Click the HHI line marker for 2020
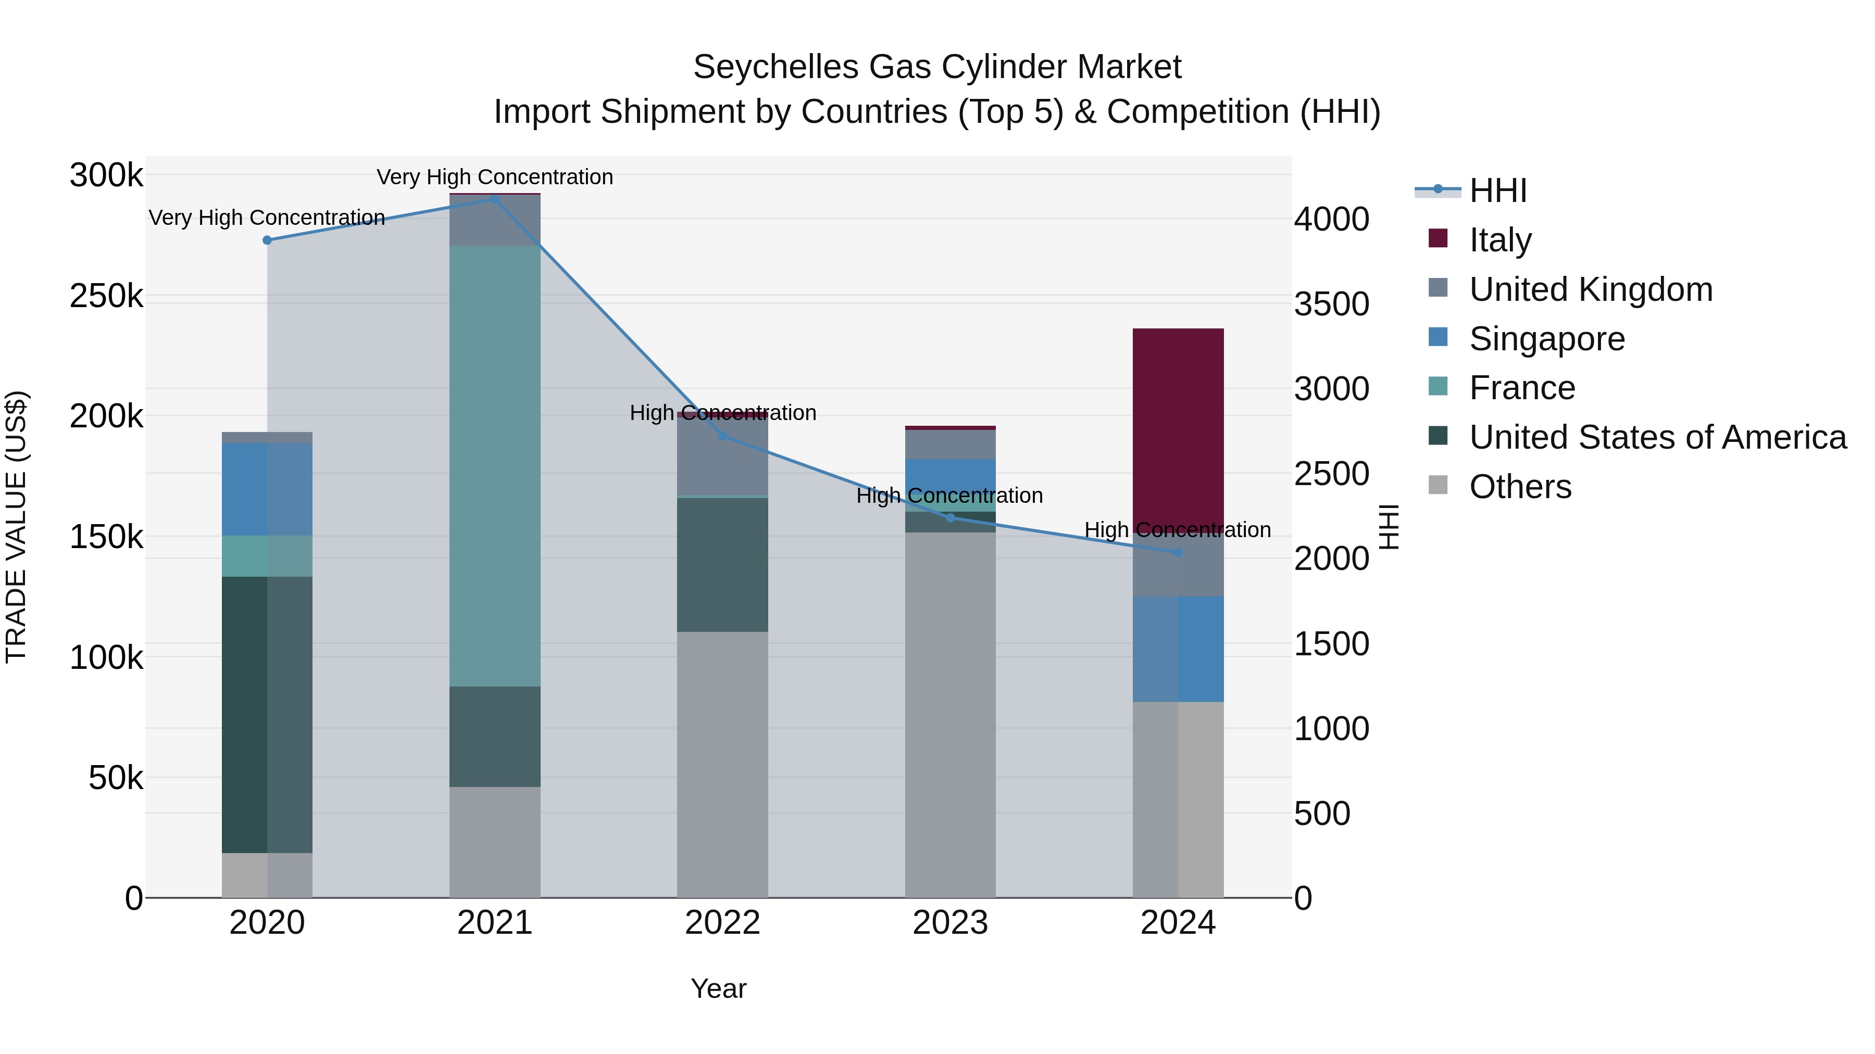click(267, 240)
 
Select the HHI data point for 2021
click(495, 199)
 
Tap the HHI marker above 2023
click(950, 518)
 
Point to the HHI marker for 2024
click(1179, 553)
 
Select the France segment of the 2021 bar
click(495, 465)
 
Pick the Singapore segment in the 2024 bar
click(1179, 649)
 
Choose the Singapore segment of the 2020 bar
click(267, 489)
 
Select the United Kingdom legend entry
click(1591, 289)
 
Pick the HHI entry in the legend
click(1498, 191)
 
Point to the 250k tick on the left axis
click(106, 297)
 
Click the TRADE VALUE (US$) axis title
click(16, 527)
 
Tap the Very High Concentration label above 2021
click(495, 177)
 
